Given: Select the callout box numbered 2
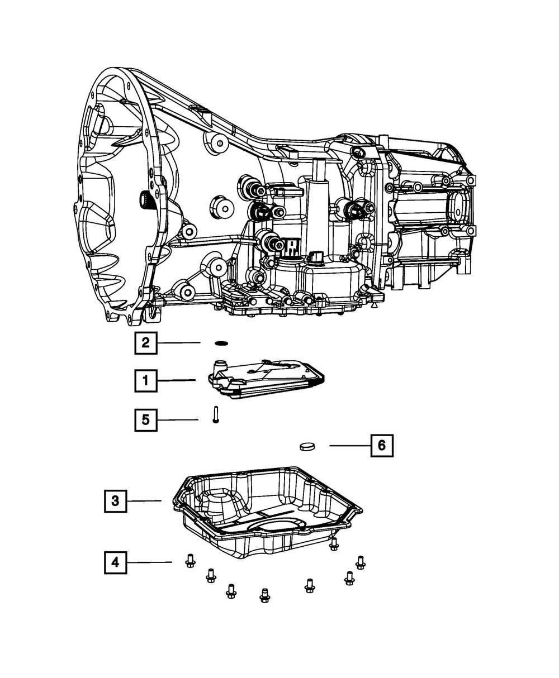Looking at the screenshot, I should point(145,343).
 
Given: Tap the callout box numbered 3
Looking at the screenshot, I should point(115,501).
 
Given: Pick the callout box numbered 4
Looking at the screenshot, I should point(115,562).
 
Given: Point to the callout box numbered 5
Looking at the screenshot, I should point(145,420).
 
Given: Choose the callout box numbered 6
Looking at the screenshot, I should point(381,445).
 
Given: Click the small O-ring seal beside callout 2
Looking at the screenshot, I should point(222,343).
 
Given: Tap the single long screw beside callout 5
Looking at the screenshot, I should point(215,415).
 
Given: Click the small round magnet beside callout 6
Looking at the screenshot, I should point(307,446).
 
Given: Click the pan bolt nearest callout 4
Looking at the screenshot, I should point(189,561).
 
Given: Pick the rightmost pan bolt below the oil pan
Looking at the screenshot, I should point(360,562).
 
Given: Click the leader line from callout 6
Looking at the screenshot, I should point(348,445).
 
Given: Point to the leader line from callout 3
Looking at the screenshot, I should point(144,501).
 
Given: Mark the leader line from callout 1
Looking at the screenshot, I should point(176,381).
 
